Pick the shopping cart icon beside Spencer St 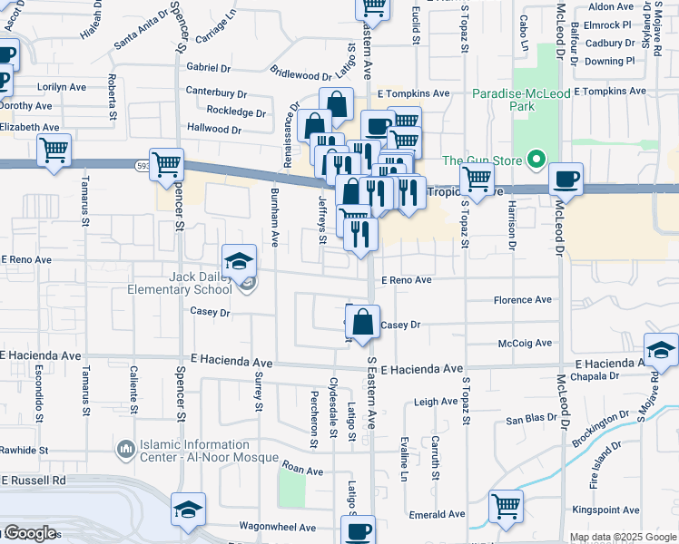(167, 165)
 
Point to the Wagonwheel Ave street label (277, 527)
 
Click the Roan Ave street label (302, 471)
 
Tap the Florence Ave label (522, 300)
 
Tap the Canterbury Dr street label (216, 92)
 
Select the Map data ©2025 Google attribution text (622, 537)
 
